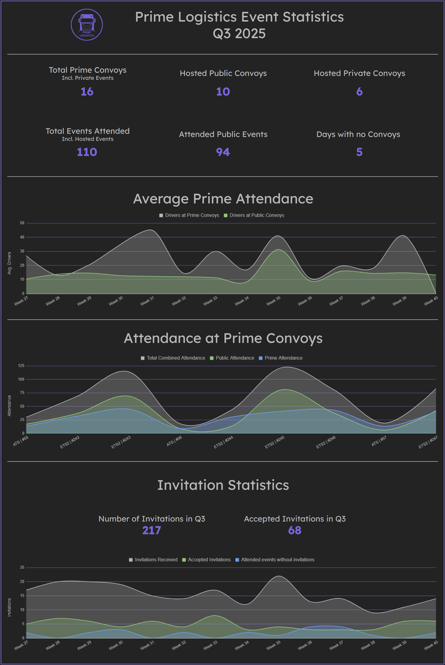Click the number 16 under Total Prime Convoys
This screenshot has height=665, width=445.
coord(87,92)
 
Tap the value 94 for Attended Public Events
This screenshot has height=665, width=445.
coord(223,152)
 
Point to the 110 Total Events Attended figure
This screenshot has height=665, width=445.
coord(87,152)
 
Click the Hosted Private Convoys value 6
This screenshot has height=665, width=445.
coord(359,92)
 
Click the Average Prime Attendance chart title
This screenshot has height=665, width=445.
coord(223,199)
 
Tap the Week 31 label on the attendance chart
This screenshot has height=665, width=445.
coord(147,301)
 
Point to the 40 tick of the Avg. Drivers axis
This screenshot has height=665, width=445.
coord(22,237)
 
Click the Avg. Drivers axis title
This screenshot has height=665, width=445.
coord(9,263)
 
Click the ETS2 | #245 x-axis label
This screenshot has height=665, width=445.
coord(274,442)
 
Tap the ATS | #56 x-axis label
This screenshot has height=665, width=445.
coord(174,441)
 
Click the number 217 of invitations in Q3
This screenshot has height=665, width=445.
coord(152,530)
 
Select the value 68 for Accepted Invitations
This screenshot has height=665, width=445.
coord(295,530)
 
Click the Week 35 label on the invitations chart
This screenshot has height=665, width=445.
coord(273,645)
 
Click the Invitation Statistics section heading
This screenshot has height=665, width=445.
coord(223,485)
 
